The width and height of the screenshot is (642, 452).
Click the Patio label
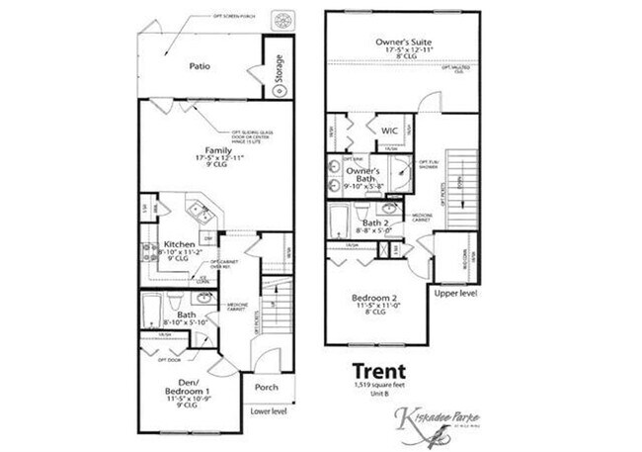pyautogui.click(x=201, y=67)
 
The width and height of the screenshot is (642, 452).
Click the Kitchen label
pyautogui.click(x=179, y=243)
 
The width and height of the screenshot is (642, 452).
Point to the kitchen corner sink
pyautogui.click(x=201, y=212)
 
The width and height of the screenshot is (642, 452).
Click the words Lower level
pyautogui.click(x=268, y=409)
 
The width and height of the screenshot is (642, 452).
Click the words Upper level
pyautogui.click(x=454, y=294)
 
